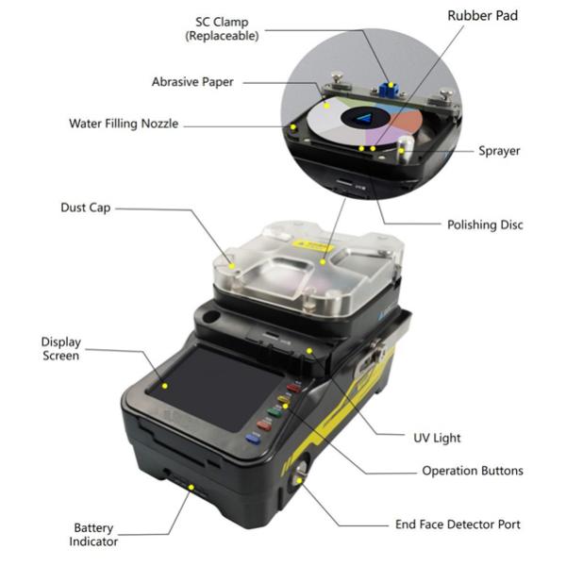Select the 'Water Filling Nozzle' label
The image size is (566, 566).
point(124,124)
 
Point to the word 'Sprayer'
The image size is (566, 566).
point(499,150)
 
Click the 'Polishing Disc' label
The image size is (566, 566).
point(484,225)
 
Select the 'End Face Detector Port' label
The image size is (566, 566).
point(470,524)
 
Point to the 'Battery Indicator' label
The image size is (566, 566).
point(94,535)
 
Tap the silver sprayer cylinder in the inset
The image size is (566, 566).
point(405,150)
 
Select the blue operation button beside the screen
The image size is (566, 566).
point(252,438)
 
